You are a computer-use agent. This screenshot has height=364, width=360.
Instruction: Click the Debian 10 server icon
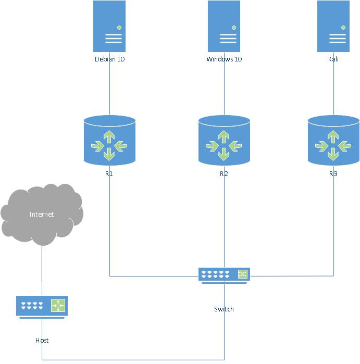click(109, 26)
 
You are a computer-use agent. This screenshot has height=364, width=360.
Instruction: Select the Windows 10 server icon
click(224, 26)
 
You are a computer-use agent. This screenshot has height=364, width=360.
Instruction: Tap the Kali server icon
click(333, 26)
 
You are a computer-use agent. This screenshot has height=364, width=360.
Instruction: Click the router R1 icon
click(109, 141)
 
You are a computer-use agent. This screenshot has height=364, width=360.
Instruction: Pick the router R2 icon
click(224, 141)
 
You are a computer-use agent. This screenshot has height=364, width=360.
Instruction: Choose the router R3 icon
click(333, 141)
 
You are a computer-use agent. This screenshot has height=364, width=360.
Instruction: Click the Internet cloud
click(42, 214)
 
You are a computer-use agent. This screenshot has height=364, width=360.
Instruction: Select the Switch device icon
click(224, 274)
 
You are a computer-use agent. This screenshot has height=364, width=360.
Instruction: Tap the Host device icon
click(42, 306)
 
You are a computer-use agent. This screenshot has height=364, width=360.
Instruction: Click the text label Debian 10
click(109, 59)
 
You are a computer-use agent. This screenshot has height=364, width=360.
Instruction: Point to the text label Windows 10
click(224, 59)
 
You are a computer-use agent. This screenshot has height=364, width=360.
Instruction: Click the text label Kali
click(333, 59)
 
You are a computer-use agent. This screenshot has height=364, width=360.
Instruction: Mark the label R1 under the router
click(109, 174)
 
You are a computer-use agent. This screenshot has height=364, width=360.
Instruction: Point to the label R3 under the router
click(333, 174)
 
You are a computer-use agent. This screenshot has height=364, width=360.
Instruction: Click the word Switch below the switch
click(224, 309)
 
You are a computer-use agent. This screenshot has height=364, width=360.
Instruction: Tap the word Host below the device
click(42, 341)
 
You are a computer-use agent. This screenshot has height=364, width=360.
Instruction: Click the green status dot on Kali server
click(343, 27)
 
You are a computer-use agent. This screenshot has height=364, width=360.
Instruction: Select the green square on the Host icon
click(58, 306)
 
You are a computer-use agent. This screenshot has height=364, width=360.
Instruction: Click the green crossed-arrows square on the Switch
click(243, 274)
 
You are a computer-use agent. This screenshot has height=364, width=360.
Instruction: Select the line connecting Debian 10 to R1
click(109, 89)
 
